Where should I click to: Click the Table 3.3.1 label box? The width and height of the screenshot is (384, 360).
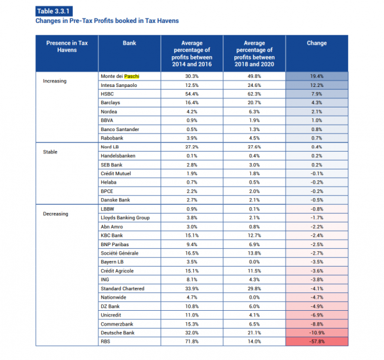pos(54,12)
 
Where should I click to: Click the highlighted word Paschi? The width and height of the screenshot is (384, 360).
pos(132,76)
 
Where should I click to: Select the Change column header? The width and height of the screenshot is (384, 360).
pos(317,43)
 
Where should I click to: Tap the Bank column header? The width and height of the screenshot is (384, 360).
pos(129,43)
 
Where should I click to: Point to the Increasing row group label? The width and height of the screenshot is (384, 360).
pos(54,81)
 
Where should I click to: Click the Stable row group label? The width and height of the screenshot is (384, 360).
pos(50,152)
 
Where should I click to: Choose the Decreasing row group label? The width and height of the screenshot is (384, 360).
pos(56,214)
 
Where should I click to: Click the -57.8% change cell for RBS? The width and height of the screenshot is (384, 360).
pos(317,341)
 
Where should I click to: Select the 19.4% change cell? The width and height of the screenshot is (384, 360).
pos(317,76)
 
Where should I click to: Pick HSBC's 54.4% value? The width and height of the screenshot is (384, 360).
pos(192,94)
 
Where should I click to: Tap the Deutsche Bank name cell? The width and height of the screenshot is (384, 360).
pos(118,333)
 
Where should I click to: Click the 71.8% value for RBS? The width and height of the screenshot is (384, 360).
pos(192,341)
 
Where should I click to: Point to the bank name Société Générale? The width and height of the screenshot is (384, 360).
pos(120,253)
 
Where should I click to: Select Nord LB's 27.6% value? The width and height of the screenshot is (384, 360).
pos(254,147)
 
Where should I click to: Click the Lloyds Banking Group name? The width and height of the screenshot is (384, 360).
pos(125,218)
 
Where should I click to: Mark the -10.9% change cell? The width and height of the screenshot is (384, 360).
pos(317,333)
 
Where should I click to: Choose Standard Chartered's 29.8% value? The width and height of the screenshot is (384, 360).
pos(254,288)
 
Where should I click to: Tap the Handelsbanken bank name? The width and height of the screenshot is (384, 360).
pos(118,156)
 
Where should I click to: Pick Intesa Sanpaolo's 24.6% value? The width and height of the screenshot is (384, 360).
pos(254,85)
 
